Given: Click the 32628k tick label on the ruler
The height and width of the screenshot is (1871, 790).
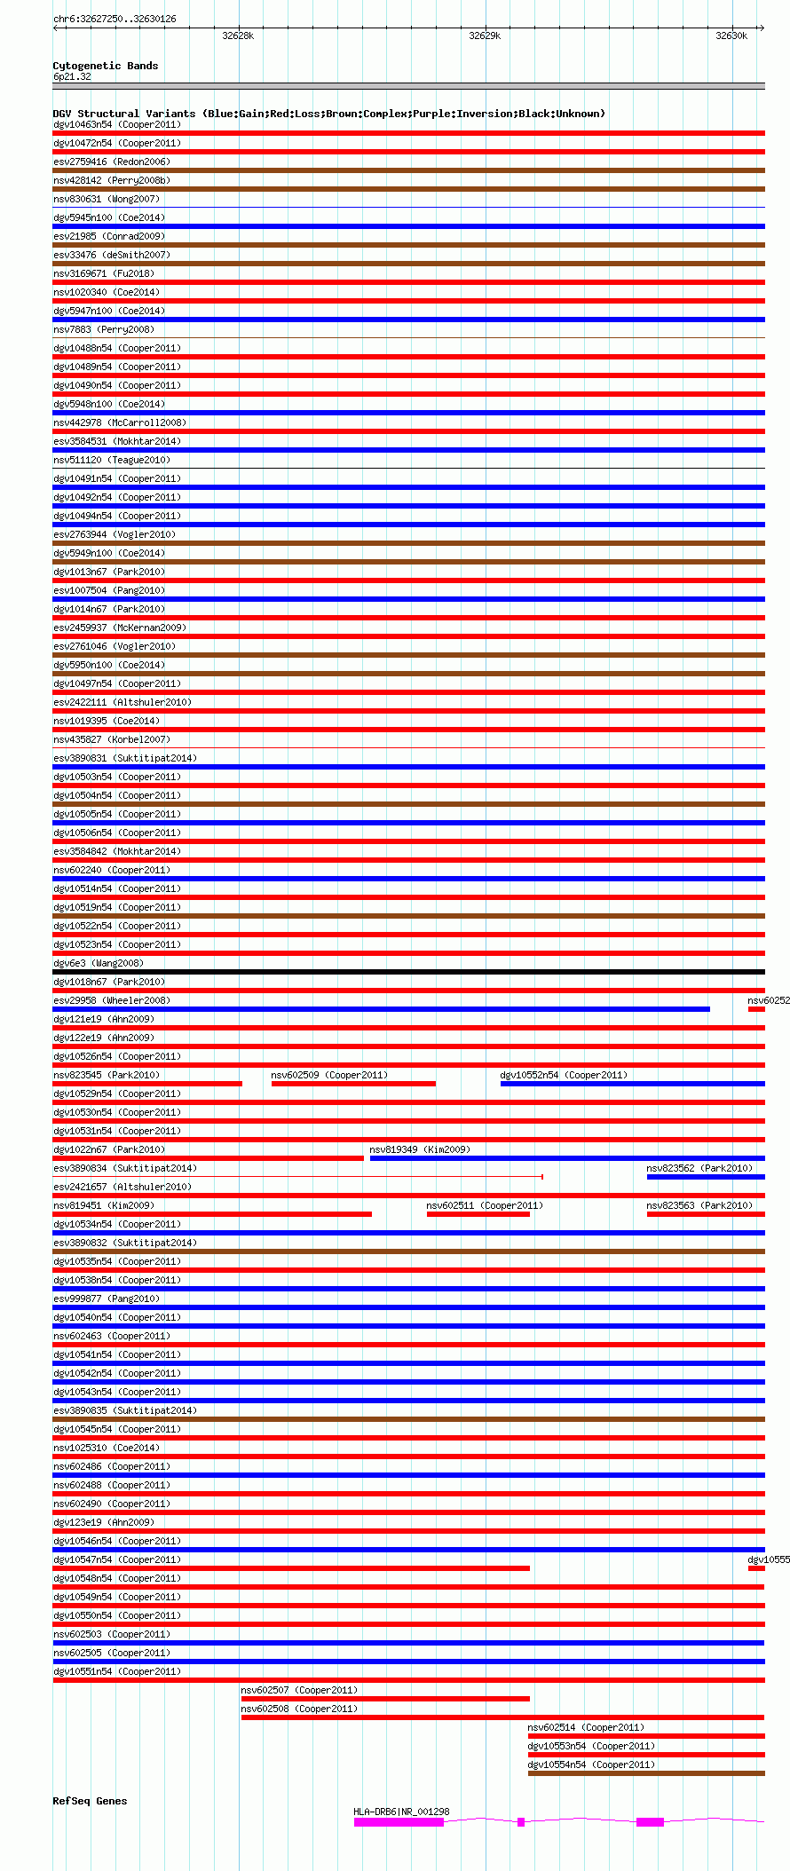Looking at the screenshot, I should [x=238, y=36].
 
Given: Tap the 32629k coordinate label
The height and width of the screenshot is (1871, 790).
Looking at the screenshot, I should [x=485, y=36].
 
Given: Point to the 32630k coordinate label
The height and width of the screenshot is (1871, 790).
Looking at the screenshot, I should [x=731, y=36].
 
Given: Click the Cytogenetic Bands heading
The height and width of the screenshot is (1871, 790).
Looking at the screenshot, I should [x=105, y=66].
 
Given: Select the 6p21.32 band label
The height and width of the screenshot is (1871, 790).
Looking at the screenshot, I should [x=72, y=76].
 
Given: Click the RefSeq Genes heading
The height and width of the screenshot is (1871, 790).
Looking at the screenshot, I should [x=90, y=1801].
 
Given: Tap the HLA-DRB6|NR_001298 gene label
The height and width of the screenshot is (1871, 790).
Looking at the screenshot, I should [x=401, y=1812].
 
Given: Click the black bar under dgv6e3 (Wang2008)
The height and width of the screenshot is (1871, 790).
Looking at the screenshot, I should [x=408, y=972].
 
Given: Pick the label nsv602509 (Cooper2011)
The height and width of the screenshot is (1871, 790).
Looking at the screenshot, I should [x=329, y=1075].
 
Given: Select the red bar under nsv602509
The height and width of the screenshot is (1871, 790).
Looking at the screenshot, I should [x=353, y=1084].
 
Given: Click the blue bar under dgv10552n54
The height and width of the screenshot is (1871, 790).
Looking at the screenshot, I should [x=632, y=1084].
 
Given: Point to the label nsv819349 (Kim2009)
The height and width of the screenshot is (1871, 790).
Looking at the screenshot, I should [x=420, y=1149].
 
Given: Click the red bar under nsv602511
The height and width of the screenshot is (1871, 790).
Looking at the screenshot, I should [x=478, y=1214].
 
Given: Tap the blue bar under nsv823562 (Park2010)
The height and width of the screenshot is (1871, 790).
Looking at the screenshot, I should [x=705, y=1177].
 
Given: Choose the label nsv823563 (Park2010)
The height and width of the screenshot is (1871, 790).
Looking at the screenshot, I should [x=699, y=1205].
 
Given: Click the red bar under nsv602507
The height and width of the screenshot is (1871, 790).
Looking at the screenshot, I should [x=385, y=1699].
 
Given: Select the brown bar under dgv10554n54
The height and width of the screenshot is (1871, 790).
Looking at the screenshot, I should [x=645, y=1773].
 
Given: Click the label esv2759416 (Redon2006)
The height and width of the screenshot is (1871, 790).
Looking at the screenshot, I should [x=112, y=162].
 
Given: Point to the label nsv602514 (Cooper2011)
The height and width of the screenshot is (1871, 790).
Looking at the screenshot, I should [x=586, y=1727].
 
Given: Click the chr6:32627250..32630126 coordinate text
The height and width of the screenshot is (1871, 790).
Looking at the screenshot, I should [x=115, y=19].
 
